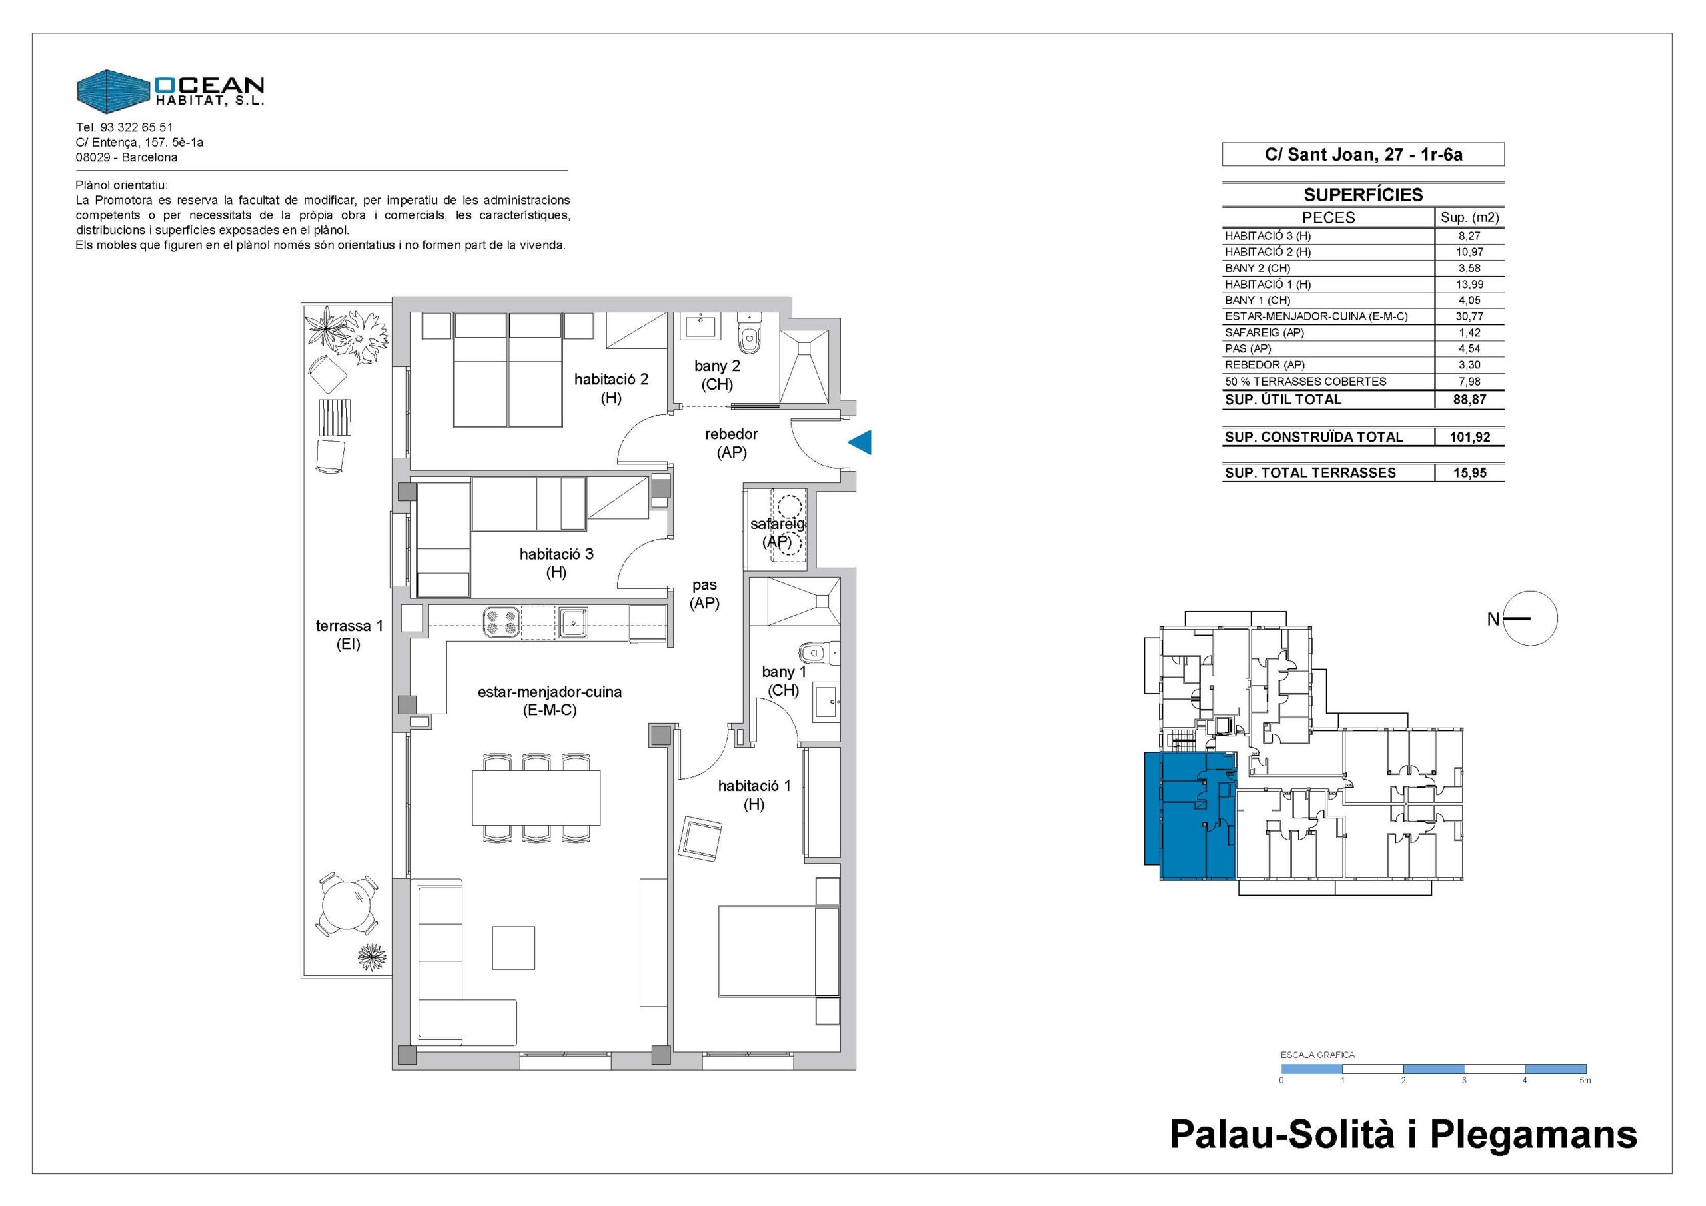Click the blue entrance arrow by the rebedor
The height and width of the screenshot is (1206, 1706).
click(862, 443)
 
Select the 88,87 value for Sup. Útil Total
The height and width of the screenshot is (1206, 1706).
click(1469, 400)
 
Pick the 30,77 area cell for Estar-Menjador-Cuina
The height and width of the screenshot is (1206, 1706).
click(1469, 316)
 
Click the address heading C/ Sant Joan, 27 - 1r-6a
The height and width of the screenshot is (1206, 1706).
click(1363, 155)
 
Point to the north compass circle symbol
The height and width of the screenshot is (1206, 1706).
click(1530, 618)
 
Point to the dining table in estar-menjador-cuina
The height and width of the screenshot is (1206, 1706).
click(536, 798)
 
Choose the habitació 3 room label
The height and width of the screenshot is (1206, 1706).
click(556, 562)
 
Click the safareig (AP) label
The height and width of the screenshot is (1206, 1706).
click(778, 533)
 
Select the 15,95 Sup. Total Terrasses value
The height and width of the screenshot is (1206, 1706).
click(1469, 473)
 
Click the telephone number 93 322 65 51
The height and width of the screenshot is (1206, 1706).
click(136, 127)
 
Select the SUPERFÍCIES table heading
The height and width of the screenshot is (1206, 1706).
click(1363, 195)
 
